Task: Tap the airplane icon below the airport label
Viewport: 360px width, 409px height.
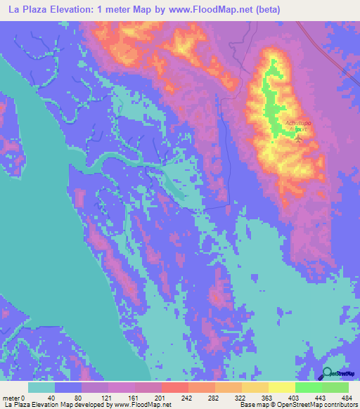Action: tap(297, 138)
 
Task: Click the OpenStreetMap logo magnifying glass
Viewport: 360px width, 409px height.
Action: tap(328, 373)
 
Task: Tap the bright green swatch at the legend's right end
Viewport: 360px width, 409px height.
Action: tap(335, 388)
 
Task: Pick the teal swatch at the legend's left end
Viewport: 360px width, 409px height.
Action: tap(41, 388)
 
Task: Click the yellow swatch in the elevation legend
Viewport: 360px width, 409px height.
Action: tap(281, 388)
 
